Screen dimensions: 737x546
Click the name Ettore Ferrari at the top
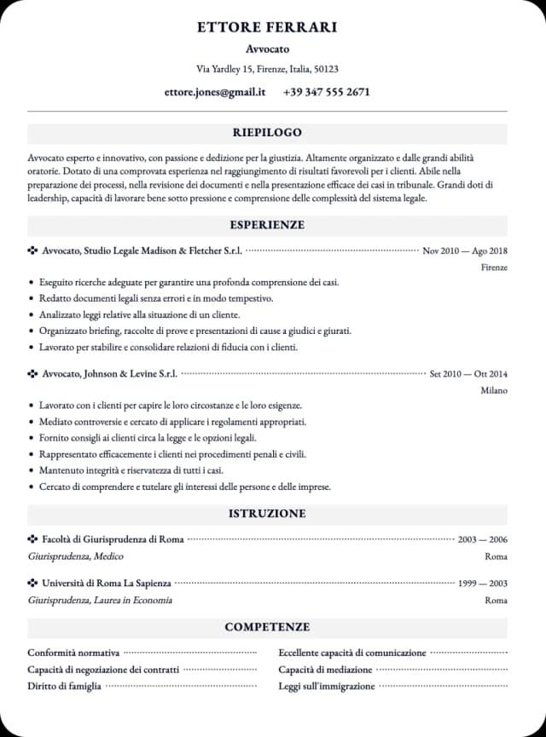pos(267,27)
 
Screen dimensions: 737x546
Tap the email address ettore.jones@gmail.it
pos(215,92)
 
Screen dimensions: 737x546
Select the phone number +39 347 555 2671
pos(326,92)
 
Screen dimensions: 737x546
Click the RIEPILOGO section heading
pos(267,133)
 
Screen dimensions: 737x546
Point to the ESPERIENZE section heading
pos(267,225)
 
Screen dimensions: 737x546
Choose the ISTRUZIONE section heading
pos(267,514)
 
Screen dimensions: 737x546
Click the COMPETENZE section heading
pos(267,627)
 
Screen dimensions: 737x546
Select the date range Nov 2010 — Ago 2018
pos(465,250)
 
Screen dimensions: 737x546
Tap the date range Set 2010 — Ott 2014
pos(468,373)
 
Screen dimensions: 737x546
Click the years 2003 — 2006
pos(482,539)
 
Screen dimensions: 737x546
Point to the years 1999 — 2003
pos(482,584)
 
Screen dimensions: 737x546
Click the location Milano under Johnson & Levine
pos(494,390)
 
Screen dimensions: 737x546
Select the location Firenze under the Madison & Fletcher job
pos(494,268)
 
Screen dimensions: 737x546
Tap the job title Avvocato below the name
pos(267,49)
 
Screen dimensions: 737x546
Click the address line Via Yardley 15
pos(267,69)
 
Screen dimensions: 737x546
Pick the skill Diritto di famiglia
pos(64,686)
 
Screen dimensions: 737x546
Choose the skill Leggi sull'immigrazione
pos(326,686)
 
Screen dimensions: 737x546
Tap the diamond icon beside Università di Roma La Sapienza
pos(33,584)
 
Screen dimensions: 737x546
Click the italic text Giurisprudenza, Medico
pos(75,556)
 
